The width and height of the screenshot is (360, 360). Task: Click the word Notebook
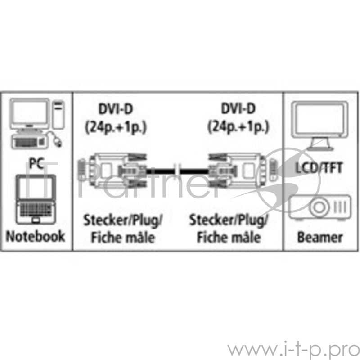click(x=36, y=236)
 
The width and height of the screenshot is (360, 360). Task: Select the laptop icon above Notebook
click(x=36, y=199)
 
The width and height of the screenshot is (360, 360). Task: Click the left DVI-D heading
click(x=116, y=109)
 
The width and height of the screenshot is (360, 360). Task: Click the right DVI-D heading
click(x=238, y=109)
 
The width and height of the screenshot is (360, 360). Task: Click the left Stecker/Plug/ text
click(x=123, y=220)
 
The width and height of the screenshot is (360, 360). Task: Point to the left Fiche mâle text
click(x=123, y=237)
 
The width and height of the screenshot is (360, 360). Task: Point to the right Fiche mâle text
click(x=229, y=237)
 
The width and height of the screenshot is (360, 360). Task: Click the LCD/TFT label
click(x=319, y=168)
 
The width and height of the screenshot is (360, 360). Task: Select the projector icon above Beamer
click(x=319, y=207)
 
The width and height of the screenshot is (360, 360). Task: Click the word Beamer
click(x=319, y=237)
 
